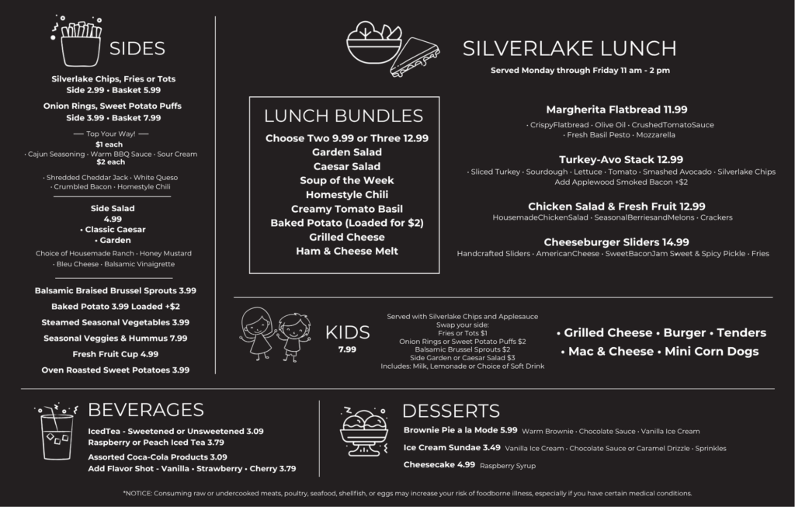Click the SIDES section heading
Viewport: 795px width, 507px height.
click(x=137, y=49)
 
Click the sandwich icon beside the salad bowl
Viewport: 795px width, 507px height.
click(x=415, y=55)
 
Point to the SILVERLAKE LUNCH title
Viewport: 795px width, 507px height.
click(x=569, y=49)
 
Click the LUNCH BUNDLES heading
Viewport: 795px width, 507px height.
click(x=343, y=116)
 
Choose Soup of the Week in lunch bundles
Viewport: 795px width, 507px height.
click(x=346, y=180)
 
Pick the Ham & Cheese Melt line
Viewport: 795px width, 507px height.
click(x=346, y=251)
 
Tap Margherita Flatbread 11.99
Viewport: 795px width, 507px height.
click(x=616, y=109)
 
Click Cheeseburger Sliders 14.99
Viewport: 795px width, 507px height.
click(x=616, y=241)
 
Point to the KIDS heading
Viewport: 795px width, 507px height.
click(x=348, y=332)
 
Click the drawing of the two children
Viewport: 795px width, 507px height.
click(x=273, y=333)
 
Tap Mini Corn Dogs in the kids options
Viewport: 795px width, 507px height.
click(x=711, y=351)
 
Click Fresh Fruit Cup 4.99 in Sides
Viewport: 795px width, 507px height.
click(x=116, y=354)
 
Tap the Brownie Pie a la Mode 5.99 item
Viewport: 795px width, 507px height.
click(x=460, y=430)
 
